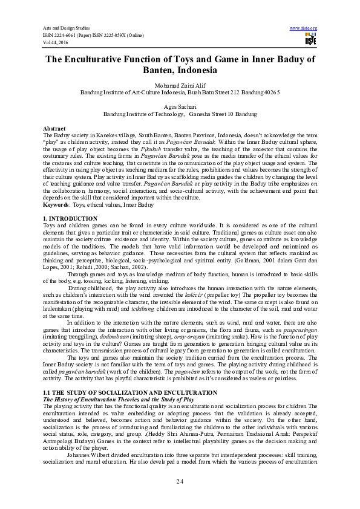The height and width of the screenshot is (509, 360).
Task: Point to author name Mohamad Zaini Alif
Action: (180, 86)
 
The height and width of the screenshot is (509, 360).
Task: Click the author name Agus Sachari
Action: (180, 106)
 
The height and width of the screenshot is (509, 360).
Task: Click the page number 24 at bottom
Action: (180, 481)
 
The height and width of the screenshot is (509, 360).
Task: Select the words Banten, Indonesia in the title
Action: (180, 70)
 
